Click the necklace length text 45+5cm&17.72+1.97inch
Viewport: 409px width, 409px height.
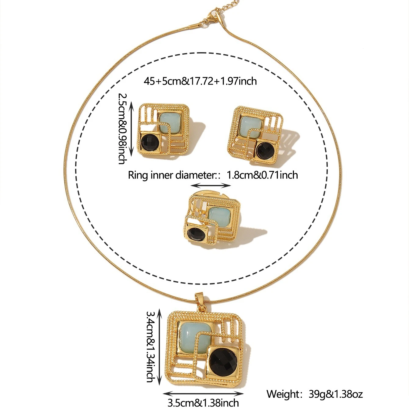click(200, 81)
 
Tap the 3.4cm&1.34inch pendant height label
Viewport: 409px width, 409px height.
click(150, 346)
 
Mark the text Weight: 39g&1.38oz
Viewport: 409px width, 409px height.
click(314, 394)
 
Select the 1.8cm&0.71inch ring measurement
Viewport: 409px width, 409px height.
click(262, 175)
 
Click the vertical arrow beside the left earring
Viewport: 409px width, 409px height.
click(132, 129)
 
